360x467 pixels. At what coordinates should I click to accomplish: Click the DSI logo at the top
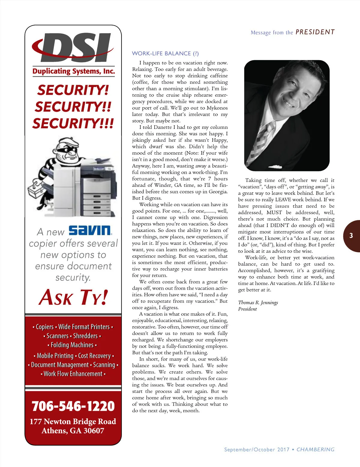(x=73, y=48)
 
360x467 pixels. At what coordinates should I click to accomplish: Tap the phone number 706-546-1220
(x=73, y=406)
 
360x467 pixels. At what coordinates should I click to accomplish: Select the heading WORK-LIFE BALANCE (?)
(x=165, y=54)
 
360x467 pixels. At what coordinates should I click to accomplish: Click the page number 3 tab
(x=351, y=236)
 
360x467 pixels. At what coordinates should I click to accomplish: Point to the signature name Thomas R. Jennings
(x=258, y=302)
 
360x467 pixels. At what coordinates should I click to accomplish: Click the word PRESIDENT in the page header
(x=315, y=32)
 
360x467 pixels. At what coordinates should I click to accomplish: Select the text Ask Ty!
(x=73, y=297)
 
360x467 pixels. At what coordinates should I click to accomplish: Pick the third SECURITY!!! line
(x=73, y=123)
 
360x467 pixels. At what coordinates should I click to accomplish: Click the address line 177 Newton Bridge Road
(x=73, y=421)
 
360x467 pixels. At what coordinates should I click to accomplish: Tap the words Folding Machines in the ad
(x=72, y=345)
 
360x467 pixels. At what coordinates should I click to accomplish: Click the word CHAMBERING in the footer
(x=315, y=450)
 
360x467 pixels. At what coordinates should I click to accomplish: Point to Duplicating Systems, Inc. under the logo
(x=73, y=71)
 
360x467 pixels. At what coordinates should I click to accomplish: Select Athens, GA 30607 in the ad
(x=73, y=431)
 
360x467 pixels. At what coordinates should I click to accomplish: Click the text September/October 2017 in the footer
(x=257, y=450)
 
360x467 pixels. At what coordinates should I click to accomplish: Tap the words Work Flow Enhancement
(x=73, y=374)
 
